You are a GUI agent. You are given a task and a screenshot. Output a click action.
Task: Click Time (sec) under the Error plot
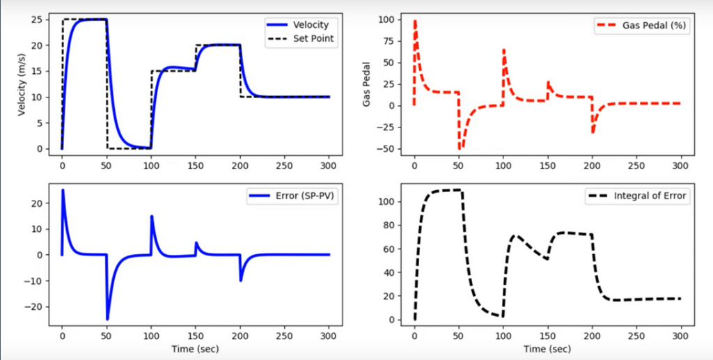(196, 348)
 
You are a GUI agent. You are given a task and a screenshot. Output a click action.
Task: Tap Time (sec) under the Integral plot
(548, 348)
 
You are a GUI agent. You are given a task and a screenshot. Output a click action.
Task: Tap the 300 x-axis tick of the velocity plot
(329, 167)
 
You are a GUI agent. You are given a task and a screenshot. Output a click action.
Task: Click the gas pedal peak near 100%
(415, 20)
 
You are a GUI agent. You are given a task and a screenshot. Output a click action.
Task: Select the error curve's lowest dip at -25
(107, 319)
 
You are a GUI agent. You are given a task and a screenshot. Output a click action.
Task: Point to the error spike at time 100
(152, 216)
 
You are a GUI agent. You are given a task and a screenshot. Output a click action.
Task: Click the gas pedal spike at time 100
(503, 49)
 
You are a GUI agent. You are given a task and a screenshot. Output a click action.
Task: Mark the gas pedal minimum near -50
(460, 148)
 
